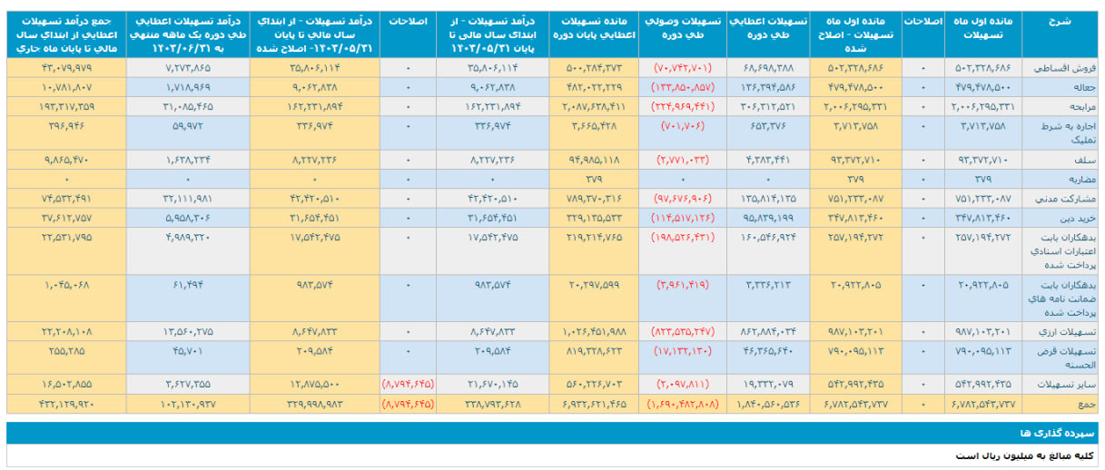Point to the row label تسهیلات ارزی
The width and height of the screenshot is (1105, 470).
(x=1062, y=331)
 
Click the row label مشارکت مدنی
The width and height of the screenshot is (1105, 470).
(x=1061, y=198)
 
